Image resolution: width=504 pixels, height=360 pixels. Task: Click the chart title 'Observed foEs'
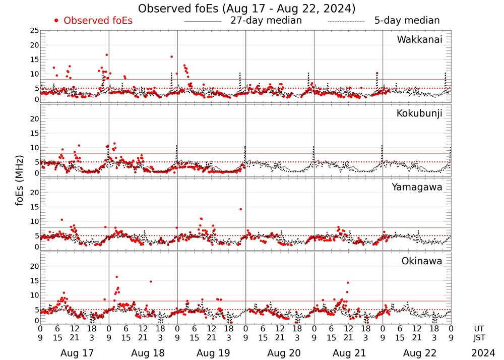point(247,8)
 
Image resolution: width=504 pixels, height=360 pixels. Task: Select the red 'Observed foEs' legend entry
point(93,21)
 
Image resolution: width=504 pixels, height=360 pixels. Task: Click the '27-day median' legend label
point(266,21)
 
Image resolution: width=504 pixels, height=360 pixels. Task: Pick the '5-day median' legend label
point(407,21)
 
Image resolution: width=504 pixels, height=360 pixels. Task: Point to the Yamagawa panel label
point(417,187)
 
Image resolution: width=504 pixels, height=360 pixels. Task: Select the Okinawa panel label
point(421,261)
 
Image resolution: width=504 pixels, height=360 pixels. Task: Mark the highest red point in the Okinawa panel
point(116,277)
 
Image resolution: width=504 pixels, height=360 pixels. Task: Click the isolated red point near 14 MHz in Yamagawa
point(241,209)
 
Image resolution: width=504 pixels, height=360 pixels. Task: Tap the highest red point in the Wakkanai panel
point(107,55)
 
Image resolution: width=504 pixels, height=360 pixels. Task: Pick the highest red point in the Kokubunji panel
point(114,144)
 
